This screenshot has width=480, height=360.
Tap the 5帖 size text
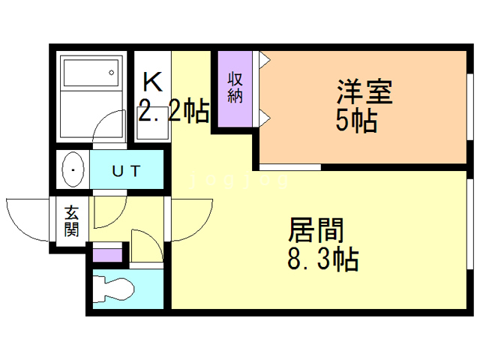pos(356,120)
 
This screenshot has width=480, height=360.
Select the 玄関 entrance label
pos(72,220)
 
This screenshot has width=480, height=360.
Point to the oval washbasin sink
pos(73,171)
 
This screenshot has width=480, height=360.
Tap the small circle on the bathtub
pos(112,73)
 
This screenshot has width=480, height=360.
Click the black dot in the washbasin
pos(73,171)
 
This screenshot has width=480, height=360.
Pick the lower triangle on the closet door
pos(264,115)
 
